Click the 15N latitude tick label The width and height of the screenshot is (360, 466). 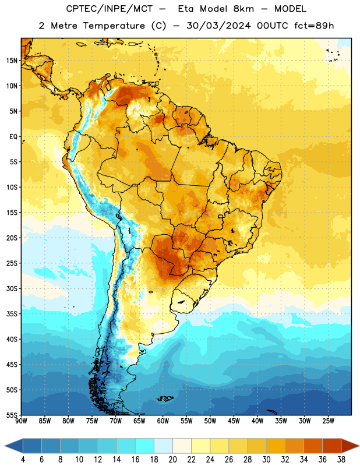click(x=12, y=61)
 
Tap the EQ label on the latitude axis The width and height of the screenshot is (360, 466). click(x=13, y=137)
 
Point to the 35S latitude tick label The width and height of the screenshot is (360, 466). click(x=12, y=314)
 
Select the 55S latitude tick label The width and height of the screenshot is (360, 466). click(x=12, y=415)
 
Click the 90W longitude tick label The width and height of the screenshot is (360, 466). click(x=21, y=421)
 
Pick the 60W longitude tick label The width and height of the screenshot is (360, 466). click(x=163, y=421)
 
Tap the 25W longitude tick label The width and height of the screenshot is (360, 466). click(x=328, y=421)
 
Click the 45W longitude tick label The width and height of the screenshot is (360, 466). click(x=234, y=421)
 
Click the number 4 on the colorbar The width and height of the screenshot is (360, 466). click(x=23, y=460)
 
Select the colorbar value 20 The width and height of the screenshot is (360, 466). click(x=172, y=460)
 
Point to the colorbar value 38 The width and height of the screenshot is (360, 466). click(x=341, y=460)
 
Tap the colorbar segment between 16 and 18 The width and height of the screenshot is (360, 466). click(x=145, y=446)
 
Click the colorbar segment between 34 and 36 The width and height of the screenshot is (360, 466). click(x=313, y=446)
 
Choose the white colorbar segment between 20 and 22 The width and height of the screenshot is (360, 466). click(x=182, y=446)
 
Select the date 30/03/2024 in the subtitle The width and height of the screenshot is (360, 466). click(x=218, y=26)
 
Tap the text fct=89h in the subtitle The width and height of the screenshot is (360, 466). click(x=314, y=26)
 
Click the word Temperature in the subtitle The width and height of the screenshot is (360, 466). click(x=114, y=26)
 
